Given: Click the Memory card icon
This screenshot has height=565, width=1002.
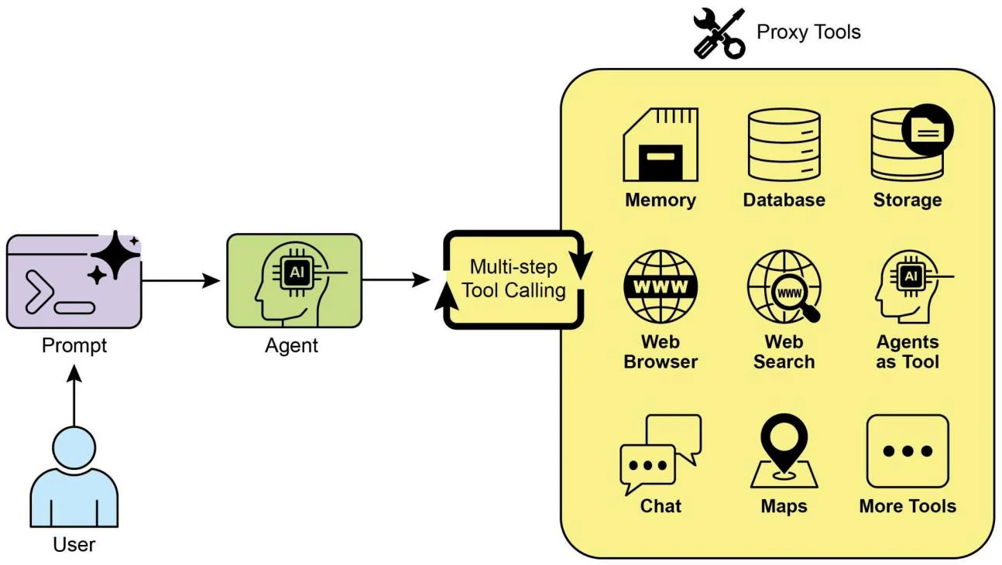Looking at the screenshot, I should [661, 144].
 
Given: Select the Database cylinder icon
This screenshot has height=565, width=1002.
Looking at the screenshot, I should [784, 144].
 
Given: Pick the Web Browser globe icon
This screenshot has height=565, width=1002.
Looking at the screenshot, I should [661, 286].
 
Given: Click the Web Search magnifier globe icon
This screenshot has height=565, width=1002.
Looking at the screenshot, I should [784, 286].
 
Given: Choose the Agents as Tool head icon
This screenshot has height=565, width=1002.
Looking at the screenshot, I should [908, 286].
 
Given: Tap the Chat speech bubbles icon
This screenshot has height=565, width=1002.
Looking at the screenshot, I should [661, 454].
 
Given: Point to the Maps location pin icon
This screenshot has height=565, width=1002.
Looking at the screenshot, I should [784, 452].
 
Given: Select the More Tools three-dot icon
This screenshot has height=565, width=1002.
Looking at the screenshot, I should [908, 451].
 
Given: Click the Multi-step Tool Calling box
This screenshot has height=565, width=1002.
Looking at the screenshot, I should [513, 279].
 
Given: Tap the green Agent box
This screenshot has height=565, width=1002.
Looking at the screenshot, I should [294, 280].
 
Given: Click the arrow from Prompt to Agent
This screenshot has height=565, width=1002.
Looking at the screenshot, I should [183, 280].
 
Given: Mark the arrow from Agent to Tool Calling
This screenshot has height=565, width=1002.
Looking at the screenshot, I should [396, 280].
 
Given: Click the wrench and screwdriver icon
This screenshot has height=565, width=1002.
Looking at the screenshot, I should [718, 33].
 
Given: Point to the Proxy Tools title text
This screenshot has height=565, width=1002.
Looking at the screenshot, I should [808, 33].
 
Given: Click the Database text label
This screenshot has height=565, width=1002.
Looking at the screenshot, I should [784, 200].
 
